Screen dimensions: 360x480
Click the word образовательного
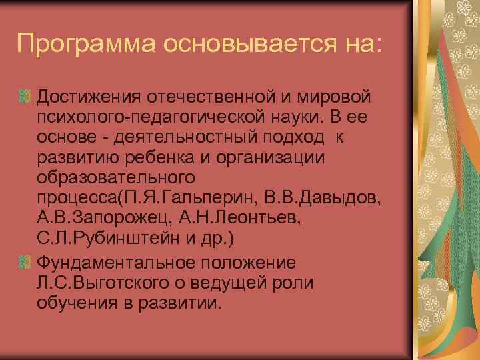[115, 180]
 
